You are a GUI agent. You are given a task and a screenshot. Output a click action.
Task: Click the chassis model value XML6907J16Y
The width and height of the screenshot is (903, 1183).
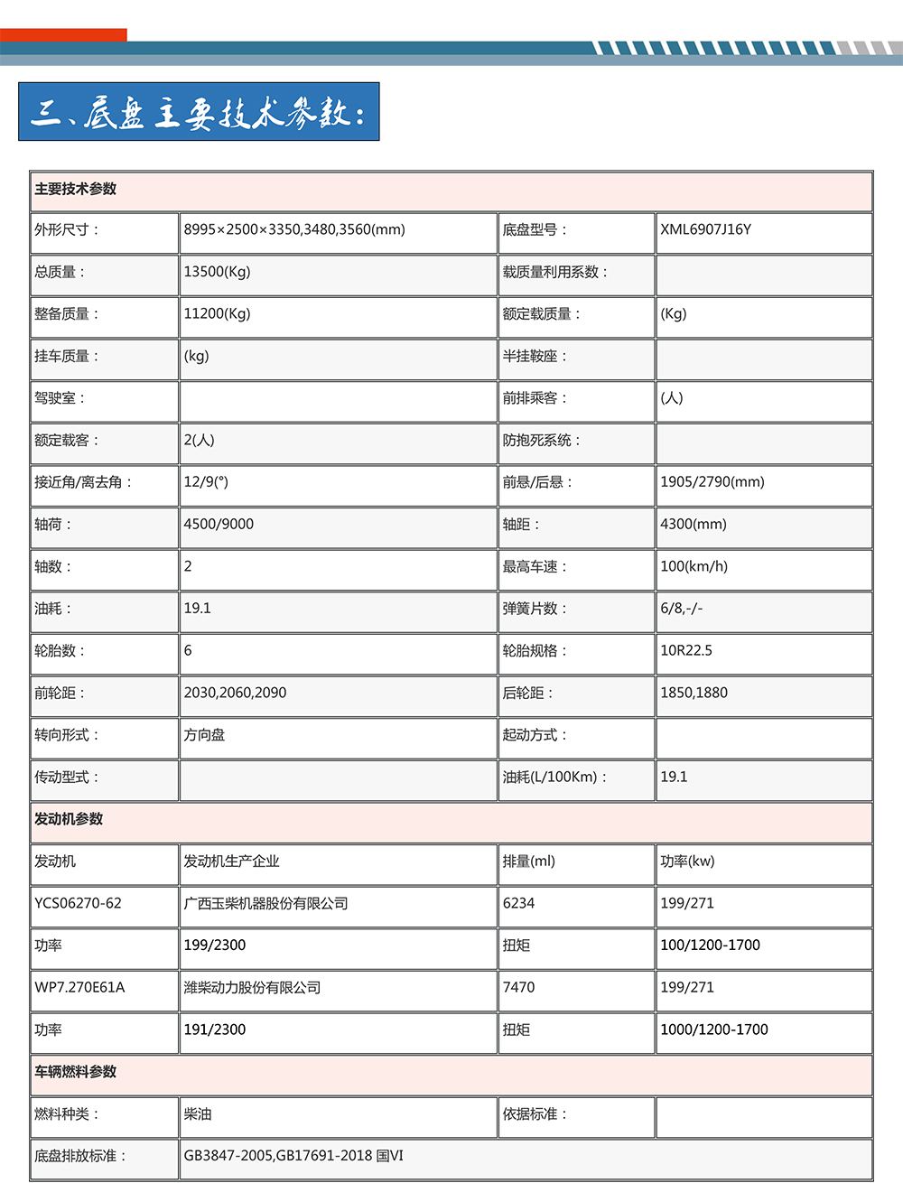[x=705, y=229]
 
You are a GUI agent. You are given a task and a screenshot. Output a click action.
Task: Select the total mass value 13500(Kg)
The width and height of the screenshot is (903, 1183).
[x=217, y=272]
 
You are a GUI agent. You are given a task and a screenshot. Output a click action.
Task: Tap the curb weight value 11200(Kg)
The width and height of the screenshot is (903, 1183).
[x=217, y=314]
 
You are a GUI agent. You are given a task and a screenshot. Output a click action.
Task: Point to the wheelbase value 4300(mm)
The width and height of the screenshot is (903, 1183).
[x=693, y=525]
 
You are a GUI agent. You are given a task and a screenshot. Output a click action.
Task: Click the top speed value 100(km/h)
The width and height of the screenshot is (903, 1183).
[x=694, y=567]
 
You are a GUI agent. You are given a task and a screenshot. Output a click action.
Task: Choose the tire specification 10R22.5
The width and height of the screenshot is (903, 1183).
[x=685, y=651]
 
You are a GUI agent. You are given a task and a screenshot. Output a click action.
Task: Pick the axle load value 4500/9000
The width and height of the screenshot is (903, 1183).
[x=219, y=525]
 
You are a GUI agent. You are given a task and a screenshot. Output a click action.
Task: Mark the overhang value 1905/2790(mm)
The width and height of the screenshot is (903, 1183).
[x=712, y=482]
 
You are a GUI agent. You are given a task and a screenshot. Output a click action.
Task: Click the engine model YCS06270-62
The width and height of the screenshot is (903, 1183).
[x=78, y=904]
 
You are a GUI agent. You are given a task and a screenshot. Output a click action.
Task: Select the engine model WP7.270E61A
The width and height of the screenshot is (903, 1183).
[x=79, y=988]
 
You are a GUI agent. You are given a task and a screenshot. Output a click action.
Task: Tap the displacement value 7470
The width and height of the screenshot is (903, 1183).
[x=518, y=988]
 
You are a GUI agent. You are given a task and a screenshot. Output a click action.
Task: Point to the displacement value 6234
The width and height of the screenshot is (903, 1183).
[x=518, y=904]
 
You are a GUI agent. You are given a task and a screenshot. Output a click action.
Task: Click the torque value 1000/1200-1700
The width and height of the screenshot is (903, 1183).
[x=713, y=1030]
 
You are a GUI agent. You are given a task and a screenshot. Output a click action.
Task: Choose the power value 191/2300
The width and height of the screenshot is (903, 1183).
[x=214, y=1030]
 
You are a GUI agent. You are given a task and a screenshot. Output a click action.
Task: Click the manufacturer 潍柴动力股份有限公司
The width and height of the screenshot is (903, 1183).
[x=252, y=988]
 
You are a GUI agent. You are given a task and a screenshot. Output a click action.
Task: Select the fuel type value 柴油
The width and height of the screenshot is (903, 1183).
[x=198, y=1114]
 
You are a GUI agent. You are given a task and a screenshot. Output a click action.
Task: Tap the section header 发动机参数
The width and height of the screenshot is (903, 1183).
[x=69, y=819]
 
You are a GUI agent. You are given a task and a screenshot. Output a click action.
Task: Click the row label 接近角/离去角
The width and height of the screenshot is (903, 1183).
[x=83, y=482]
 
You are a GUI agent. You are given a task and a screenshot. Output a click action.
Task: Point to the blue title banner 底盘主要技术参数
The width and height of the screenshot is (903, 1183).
[x=199, y=112]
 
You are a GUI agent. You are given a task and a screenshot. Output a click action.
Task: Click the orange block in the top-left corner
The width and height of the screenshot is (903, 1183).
[x=63, y=35]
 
